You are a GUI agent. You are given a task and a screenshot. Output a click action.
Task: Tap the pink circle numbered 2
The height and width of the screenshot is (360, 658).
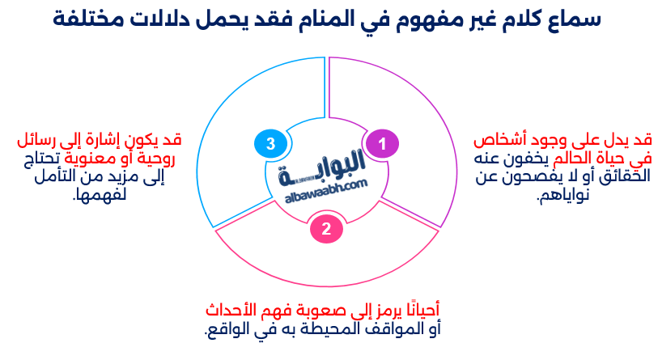(325, 229)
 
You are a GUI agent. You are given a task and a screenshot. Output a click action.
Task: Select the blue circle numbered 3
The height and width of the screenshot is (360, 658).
(270, 144)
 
